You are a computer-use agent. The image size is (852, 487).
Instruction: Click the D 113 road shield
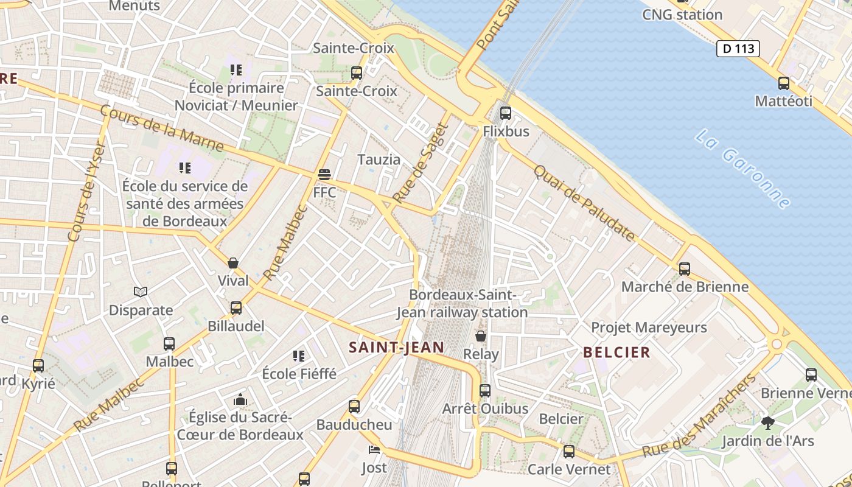pyautogui.click(x=738, y=49)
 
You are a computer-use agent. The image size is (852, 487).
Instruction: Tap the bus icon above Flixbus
pyautogui.click(x=505, y=113)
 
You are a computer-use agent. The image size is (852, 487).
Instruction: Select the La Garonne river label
pyautogui.click(x=743, y=169)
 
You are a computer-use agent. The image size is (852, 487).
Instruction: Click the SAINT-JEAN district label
pyautogui.click(x=396, y=348)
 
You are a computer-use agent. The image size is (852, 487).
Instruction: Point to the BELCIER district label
pyautogui.click(x=616, y=352)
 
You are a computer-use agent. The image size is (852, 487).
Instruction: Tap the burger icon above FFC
pyautogui.click(x=324, y=175)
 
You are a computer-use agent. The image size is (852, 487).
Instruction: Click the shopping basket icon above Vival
pyautogui.click(x=233, y=263)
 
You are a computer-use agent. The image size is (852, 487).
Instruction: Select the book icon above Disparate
pyautogui.click(x=141, y=292)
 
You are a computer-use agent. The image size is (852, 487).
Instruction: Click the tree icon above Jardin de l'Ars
pyautogui.click(x=767, y=422)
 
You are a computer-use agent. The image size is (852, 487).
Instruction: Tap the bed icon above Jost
pyautogui.click(x=374, y=450)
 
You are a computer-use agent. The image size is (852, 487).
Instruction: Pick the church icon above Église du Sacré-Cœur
pyautogui.click(x=240, y=400)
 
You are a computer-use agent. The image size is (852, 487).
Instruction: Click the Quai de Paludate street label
pyautogui.click(x=584, y=203)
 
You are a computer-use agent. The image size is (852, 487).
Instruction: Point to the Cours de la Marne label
pyautogui.click(x=161, y=128)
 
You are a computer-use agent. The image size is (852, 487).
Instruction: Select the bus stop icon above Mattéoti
pyautogui.click(x=784, y=83)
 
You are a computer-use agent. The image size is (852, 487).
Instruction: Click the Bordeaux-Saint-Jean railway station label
pyautogui.click(x=462, y=303)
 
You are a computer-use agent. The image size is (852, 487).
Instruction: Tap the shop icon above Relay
pyautogui.click(x=481, y=336)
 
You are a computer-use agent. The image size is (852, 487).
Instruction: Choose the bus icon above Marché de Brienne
pyautogui.click(x=685, y=268)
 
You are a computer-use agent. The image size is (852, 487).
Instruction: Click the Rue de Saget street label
pyautogui.click(x=421, y=163)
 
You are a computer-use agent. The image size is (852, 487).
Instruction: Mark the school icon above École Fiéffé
pyautogui.click(x=299, y=356)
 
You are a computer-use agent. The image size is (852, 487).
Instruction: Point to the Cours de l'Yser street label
pyautogui.click(x=87, y=192)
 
